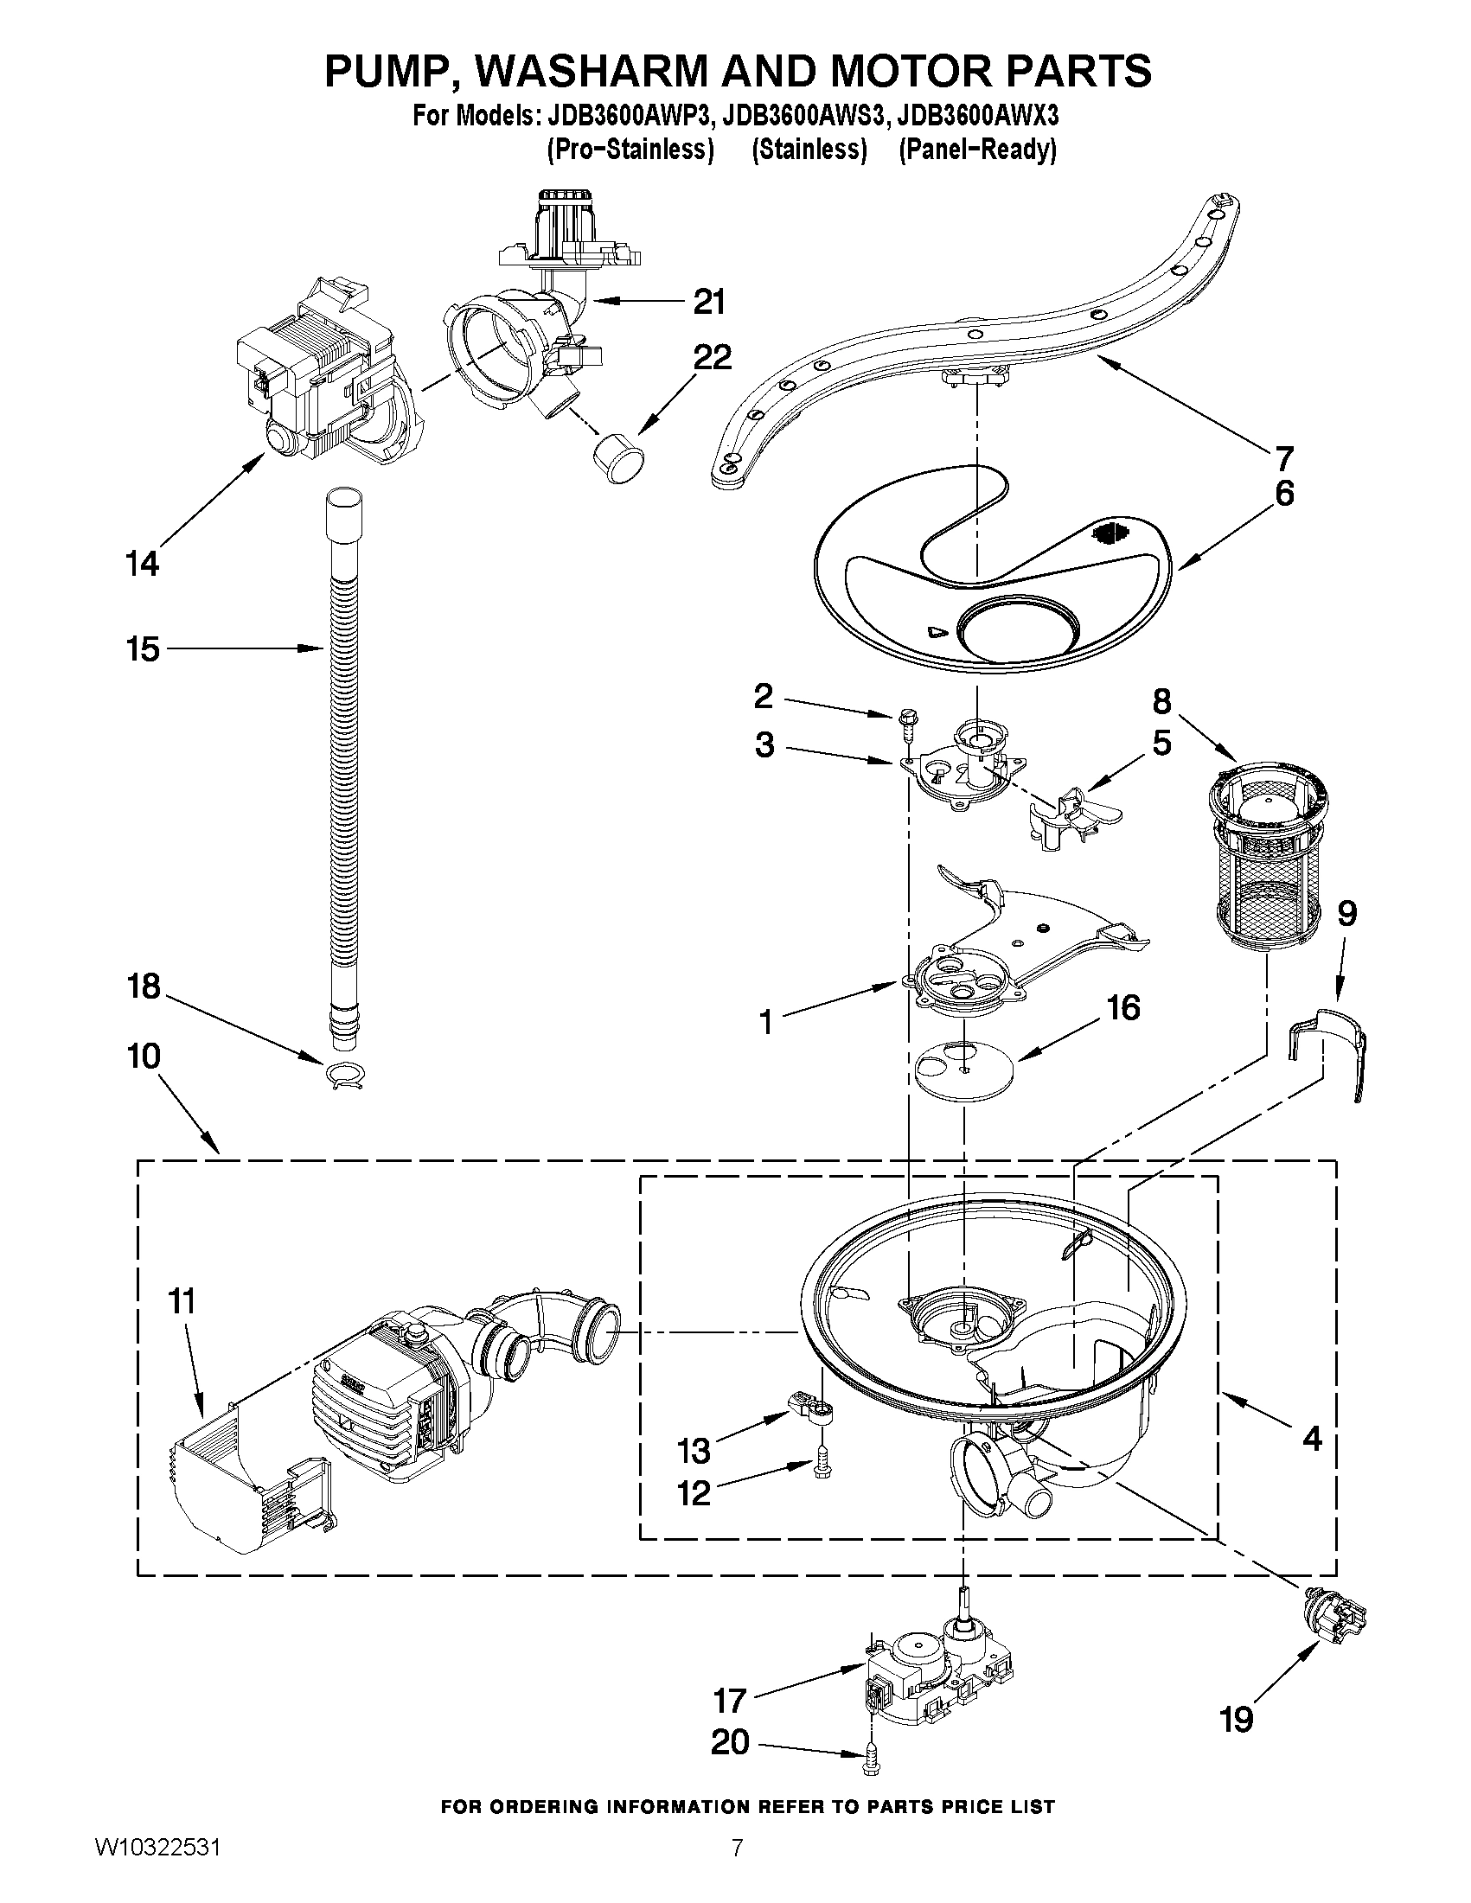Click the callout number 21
coord(708,303)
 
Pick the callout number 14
coord(142,564)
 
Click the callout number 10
coord(144,1056)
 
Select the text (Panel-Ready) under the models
coord(977,150)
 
